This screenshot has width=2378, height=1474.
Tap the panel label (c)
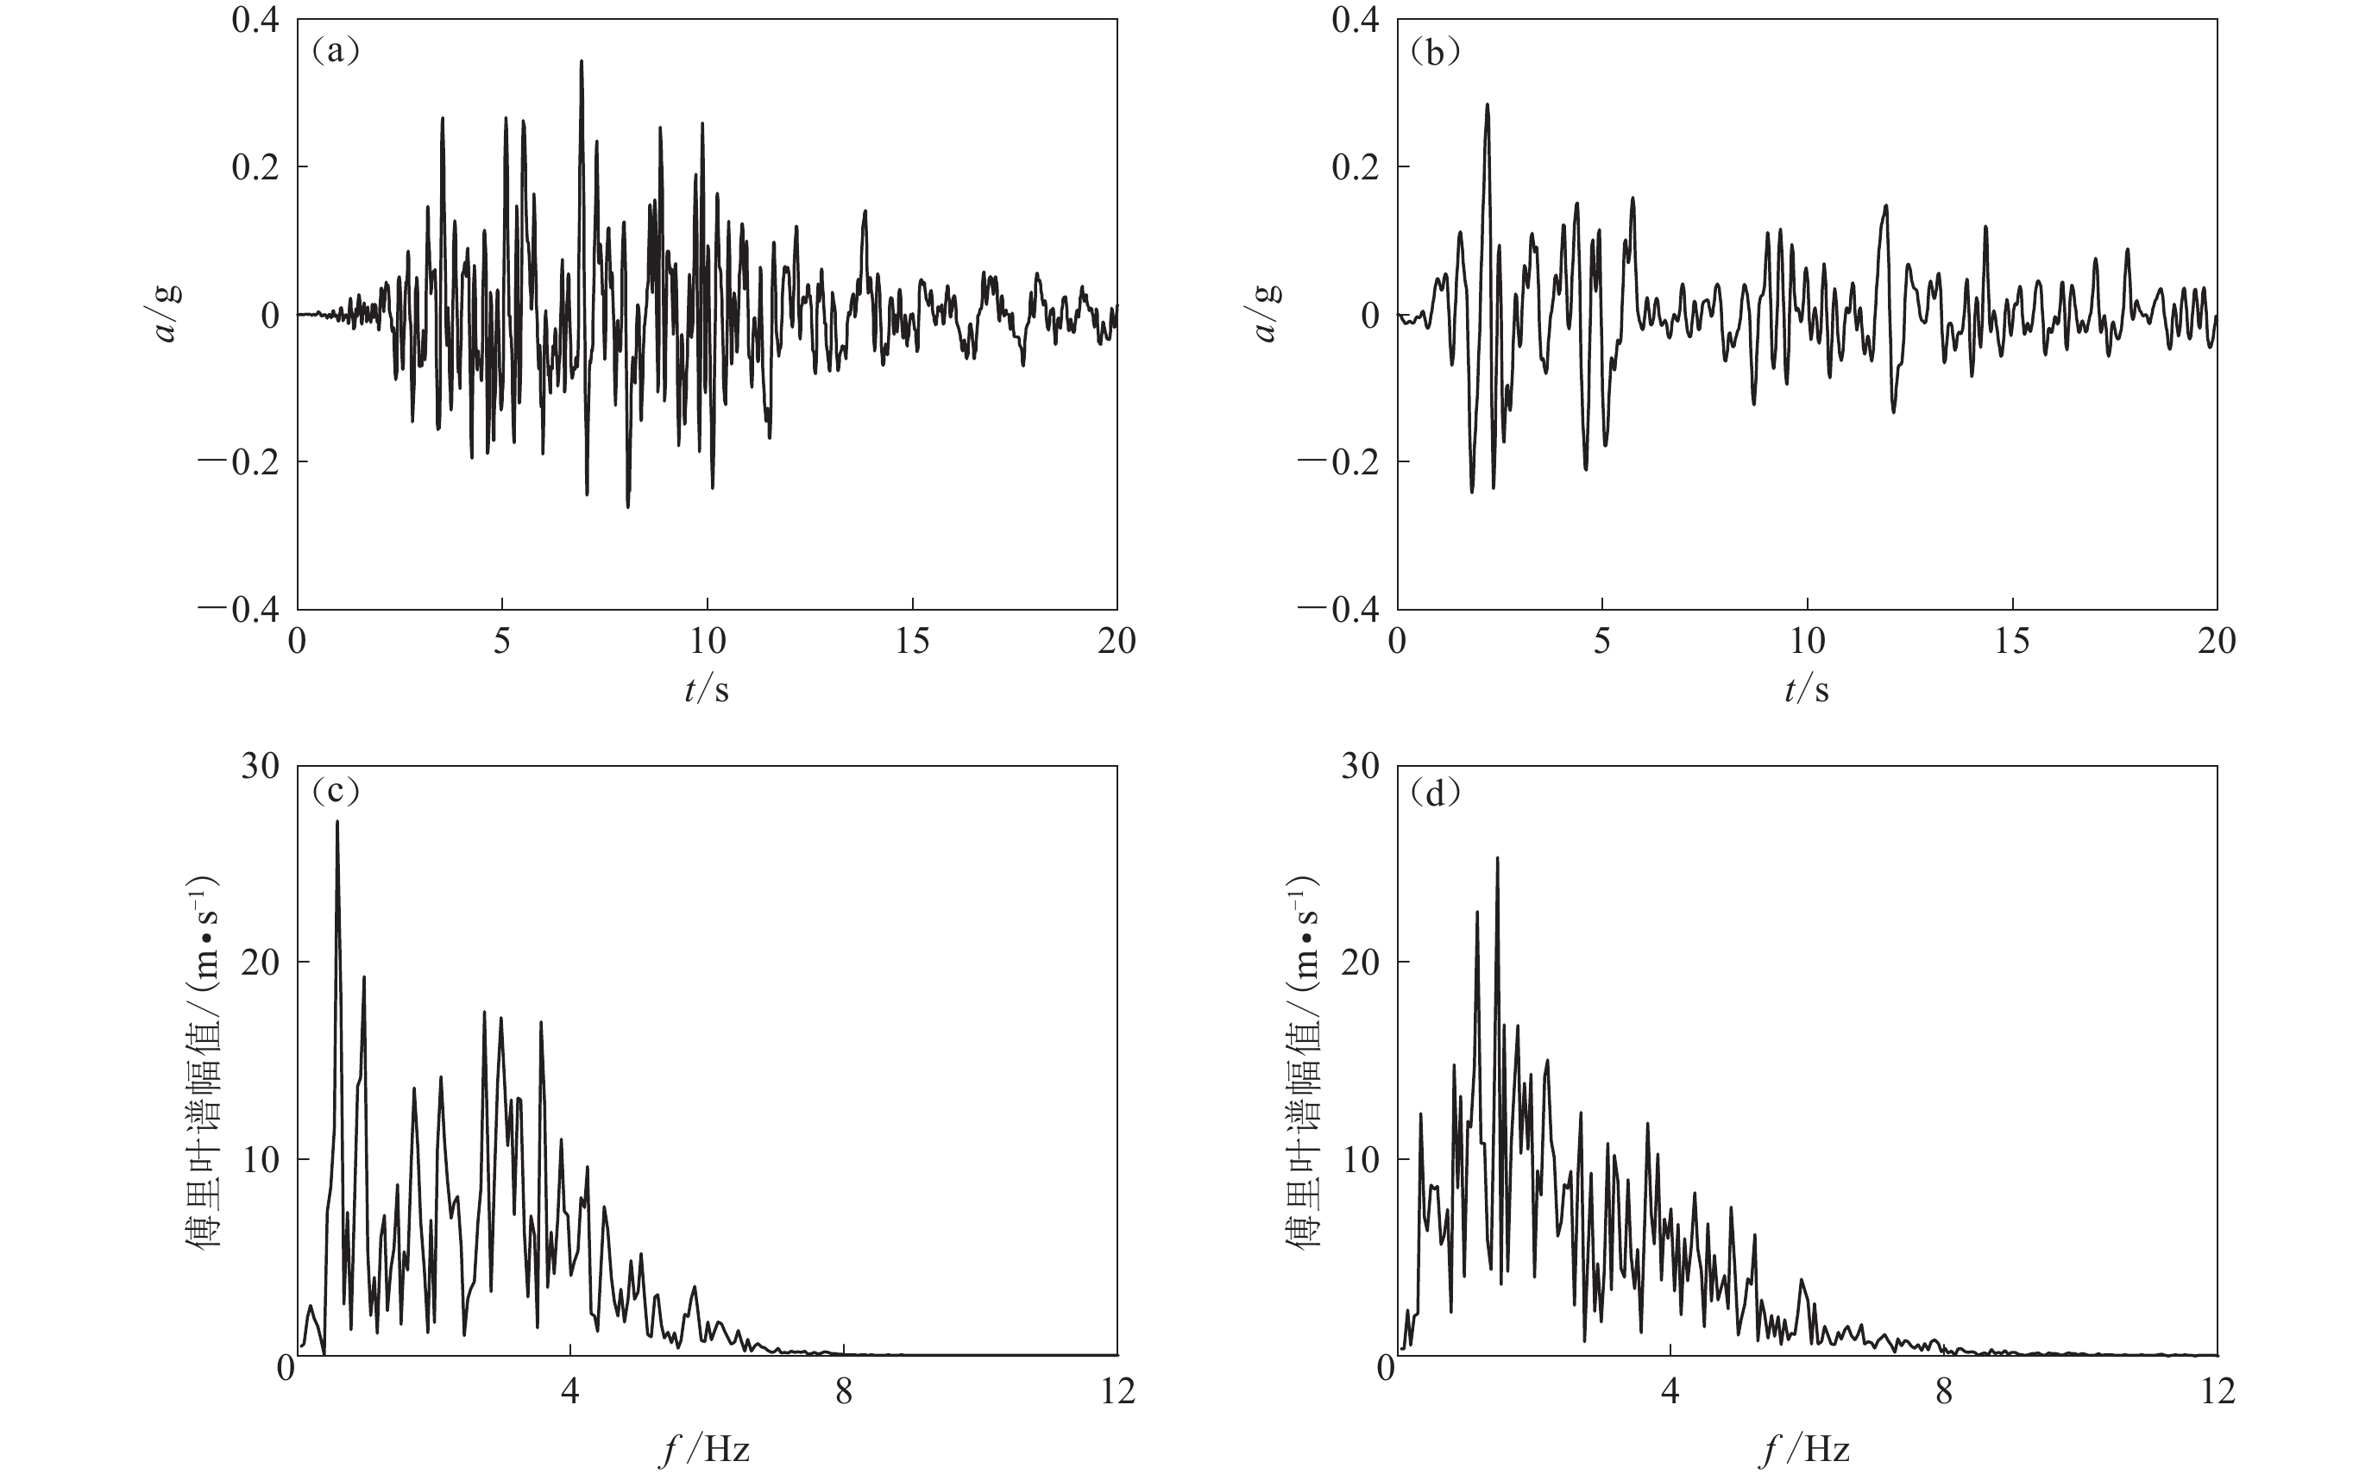pos(336,792)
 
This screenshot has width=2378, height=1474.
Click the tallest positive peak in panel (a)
pos(581,62)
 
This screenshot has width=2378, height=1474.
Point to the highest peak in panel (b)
pos(1487,105)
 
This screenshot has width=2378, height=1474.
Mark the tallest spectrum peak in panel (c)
pos(337,823)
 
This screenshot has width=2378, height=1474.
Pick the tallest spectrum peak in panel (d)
pos(1498,859)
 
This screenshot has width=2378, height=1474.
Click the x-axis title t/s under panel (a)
pos(706,690)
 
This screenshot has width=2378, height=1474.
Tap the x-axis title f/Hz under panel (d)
pos(1806,1450)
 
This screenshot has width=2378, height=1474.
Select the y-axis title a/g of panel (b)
pos(1267,314)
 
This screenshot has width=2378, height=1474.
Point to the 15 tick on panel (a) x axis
pos(912,641)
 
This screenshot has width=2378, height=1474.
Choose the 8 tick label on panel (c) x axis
pos(843,1391)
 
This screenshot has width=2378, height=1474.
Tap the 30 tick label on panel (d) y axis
pos(1359,766)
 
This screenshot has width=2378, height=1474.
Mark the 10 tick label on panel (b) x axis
pos(1807,641)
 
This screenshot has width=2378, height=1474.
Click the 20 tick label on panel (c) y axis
pos(260,963)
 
